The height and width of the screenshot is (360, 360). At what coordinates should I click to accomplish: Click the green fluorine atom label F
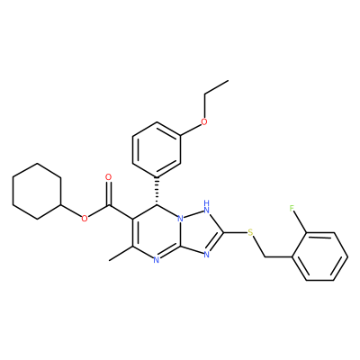pos(292,209)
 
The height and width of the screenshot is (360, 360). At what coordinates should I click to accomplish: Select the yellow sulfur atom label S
pos(251,232)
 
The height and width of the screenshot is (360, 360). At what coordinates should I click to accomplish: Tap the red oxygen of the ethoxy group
pos(204,122)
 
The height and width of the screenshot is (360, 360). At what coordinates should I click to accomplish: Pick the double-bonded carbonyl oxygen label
pos(109,177)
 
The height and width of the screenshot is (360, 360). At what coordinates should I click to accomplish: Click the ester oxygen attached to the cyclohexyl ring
pos(85,219)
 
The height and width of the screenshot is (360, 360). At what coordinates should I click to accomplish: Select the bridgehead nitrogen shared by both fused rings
pos(180,219)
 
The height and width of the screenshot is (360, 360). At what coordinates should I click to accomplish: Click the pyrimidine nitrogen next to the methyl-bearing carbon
pos(156,260)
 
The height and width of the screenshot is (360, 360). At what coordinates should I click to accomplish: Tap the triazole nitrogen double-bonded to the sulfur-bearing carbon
pos(206,255)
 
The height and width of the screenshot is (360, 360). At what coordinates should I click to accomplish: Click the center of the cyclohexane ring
pos(37,192)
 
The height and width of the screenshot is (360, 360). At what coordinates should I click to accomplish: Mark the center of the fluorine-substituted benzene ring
pos(319,256)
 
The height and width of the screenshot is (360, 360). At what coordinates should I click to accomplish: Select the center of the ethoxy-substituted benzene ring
pos(157,149)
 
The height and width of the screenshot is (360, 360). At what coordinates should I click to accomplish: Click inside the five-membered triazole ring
pos(203,232)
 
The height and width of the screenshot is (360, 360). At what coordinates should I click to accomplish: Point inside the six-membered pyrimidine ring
pos(156,232)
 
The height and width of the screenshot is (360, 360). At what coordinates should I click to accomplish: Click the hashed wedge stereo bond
pos(157,191)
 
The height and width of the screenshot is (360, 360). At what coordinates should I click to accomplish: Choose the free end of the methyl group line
pos(110,260)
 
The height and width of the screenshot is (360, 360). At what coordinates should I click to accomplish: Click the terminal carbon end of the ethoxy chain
pos(229,80)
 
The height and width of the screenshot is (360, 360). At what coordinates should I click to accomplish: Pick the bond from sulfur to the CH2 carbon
pos(258,246)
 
